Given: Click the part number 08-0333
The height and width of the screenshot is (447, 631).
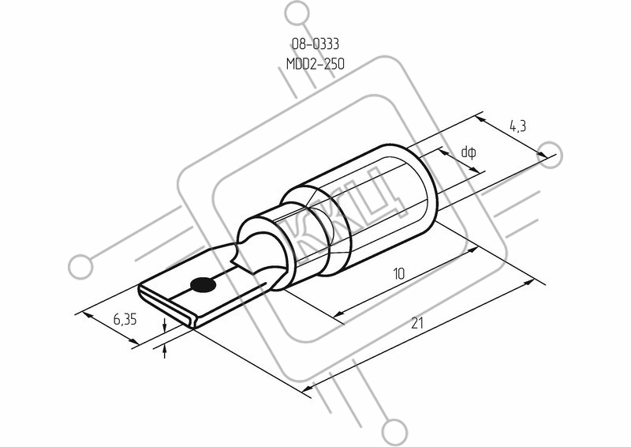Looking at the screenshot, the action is click(315, 43).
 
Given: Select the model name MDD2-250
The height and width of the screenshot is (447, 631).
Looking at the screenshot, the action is click(315, 64).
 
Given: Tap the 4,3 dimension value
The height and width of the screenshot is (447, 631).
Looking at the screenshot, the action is click(517, 127).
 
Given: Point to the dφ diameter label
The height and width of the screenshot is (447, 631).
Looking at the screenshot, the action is click(469, 152).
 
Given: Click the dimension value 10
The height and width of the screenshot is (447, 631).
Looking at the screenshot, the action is click(398, 274).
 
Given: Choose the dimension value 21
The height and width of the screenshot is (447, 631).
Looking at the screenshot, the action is click(417, 323).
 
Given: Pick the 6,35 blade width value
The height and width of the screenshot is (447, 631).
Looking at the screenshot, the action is click(125, 320).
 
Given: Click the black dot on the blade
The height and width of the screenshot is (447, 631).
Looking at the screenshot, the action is click(203, 285).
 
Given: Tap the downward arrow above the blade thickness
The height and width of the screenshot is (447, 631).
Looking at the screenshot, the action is click(165, 325).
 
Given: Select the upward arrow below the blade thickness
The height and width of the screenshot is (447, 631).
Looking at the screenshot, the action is click(165, 351).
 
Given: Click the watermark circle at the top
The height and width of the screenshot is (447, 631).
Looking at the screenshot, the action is click(297, 13).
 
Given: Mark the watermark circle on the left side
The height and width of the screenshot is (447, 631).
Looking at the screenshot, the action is click(80, 267).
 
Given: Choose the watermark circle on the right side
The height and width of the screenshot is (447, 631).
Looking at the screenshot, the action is click(550, 155).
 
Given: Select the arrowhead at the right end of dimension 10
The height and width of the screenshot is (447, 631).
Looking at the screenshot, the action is click(472, 250).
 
